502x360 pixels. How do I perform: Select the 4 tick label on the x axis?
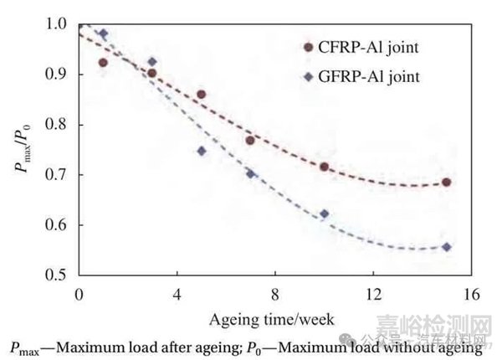pos(177,296)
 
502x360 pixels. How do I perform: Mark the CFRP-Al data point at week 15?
pos(447,183)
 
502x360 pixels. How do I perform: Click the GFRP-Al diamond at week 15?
pos(447,247)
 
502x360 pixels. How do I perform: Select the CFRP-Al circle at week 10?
pos(324,167)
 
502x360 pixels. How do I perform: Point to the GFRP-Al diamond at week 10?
pos(324,214)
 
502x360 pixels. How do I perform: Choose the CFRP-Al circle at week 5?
pos(202,95)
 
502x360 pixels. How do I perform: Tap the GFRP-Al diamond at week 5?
pos(202,152)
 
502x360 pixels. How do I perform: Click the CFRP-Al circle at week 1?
pos(103,63)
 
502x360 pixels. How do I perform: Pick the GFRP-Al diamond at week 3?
pos(152,62)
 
